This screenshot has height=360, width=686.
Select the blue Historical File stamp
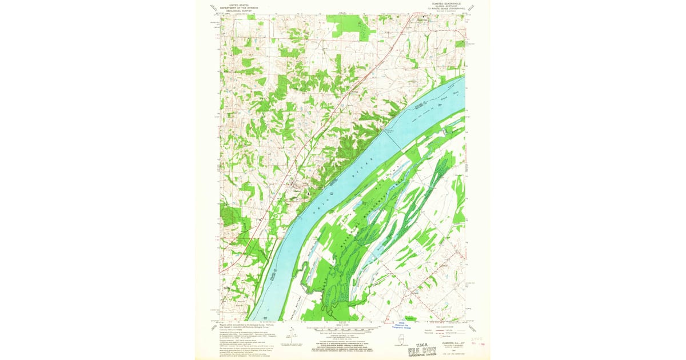click(403, 325)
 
